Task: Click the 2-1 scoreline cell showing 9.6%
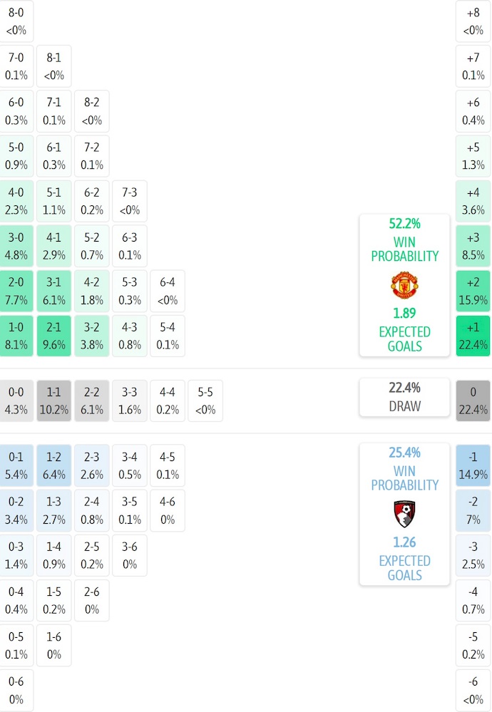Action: coord(54,336)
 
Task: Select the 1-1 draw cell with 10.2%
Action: coord(54,401)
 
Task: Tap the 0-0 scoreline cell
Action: coord(16,401)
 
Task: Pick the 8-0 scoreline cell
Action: coord(16,21)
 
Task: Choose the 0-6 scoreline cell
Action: coord(16,691)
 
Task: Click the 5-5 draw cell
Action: coord(205,401)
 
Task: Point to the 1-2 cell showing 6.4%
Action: coord(54,465)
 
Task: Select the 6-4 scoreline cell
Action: coord(168,291)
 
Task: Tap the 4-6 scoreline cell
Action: coord(168,510)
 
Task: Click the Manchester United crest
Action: coord(404,285)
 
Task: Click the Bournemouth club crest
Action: coord(404,514)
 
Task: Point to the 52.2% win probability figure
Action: coord(404,223)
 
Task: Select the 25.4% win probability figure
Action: coord(404,452)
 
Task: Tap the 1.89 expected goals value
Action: coord(404,313)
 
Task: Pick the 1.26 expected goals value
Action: coord(404,542)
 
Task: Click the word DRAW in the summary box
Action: coord(404,406)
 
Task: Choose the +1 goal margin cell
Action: coord(473,336)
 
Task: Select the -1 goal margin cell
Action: coord(473,465)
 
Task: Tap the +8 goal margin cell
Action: coord(473,21)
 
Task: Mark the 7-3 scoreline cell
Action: coord(130,201)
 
